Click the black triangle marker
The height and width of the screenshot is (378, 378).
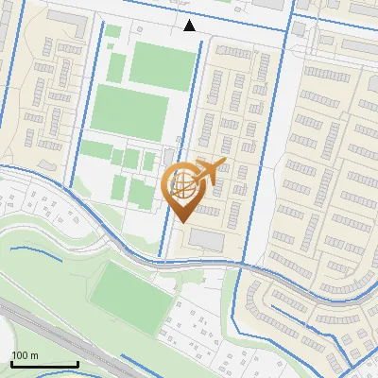(190, 26)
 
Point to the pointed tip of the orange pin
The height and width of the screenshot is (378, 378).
(181, 221)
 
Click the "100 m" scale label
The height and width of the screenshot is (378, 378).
(25, 355)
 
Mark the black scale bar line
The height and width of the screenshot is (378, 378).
(43, 364)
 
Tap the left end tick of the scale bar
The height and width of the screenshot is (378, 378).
(11, 362)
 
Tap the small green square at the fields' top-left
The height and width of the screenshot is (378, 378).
(112, 31)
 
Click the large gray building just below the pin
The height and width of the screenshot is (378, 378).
(207, 242)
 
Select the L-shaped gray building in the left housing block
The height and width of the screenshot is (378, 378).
(72, 46)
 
